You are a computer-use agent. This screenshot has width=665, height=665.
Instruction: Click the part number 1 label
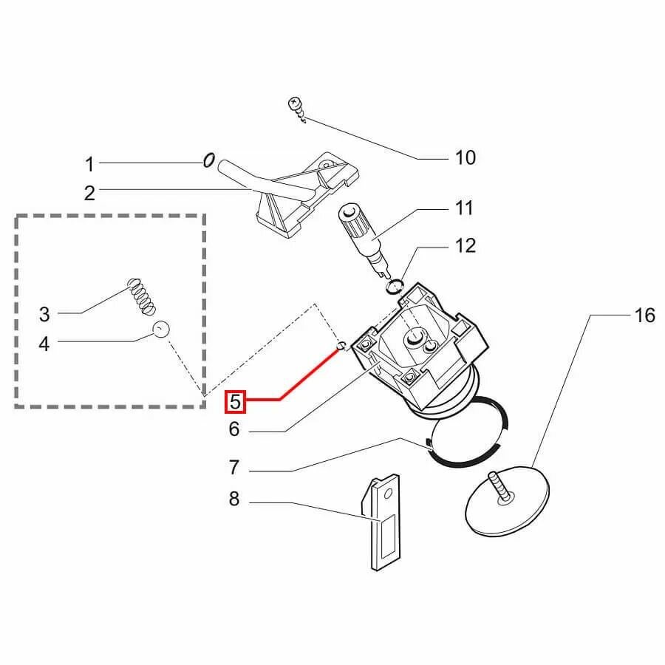point(89,163)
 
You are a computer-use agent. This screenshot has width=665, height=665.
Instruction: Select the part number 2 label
point(89,194)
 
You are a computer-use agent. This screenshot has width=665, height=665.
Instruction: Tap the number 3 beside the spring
point(44,314)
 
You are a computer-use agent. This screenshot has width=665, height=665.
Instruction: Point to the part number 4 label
point(44,344)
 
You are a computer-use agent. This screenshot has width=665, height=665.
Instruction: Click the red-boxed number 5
point(236,401)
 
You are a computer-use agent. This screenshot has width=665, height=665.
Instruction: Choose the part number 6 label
point(235,429)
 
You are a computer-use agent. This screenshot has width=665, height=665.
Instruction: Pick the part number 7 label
point(234,468)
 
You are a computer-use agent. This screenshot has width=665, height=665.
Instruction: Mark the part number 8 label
point(234,499)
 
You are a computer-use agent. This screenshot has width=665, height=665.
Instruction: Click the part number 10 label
point(465,157)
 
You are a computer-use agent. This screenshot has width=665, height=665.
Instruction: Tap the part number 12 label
point(465,245)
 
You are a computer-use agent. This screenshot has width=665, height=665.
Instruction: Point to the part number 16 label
point(644,316)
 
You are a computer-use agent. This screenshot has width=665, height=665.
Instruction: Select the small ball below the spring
point(162,329)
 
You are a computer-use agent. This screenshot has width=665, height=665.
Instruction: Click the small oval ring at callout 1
point(208,160)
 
